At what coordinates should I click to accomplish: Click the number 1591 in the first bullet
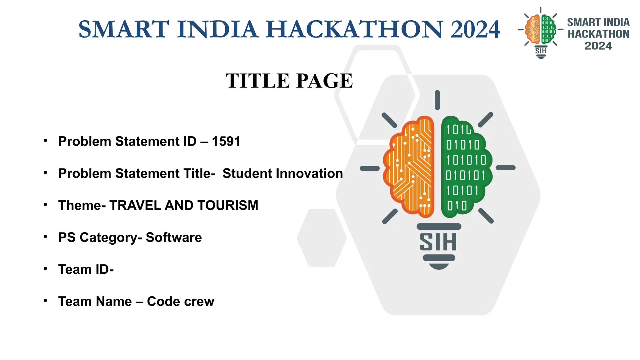tap(226, 142)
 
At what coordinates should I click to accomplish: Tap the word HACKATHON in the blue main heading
tap(354, 29)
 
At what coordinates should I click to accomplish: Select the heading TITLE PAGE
tap(289, 81)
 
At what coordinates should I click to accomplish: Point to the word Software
tap(174, 237)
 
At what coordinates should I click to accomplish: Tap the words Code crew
tap(181, 302)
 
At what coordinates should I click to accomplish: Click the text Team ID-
tap(86, 269)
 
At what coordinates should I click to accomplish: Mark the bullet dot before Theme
tap(46, 205)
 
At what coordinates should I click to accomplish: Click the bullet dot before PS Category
tap(46, 237)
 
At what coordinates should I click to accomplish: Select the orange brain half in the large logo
tap(409, 167)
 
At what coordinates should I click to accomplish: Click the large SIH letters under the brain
tap(438, 242)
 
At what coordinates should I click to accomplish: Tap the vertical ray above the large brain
tap(437, 100)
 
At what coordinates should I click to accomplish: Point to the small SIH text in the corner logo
tap(541, 51)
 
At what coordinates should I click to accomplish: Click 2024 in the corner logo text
tap(598, 46)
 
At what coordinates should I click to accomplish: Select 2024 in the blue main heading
tap(475, 29)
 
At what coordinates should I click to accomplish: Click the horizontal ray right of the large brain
tap(505, 168)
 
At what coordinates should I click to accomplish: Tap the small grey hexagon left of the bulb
tap(322, 238)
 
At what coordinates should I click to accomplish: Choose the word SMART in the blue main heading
tap(124, 29)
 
